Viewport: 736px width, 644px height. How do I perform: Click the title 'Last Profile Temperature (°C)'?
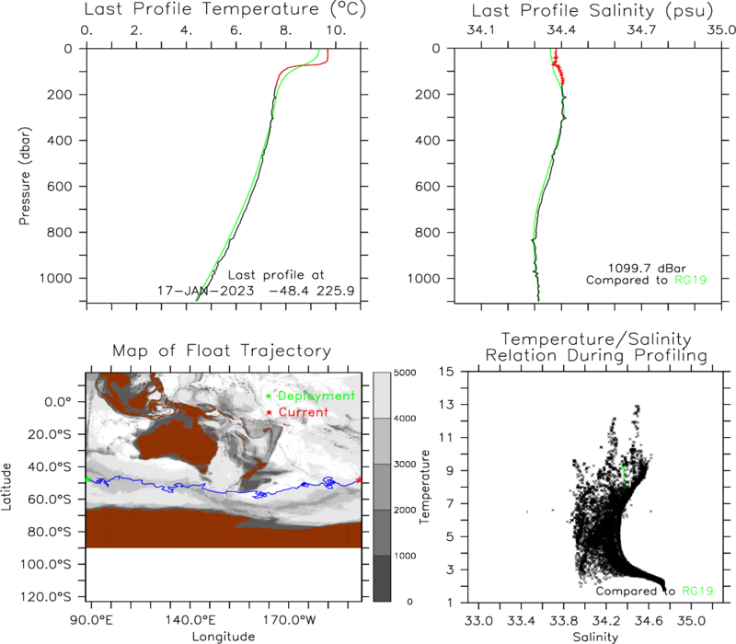pos(224,9)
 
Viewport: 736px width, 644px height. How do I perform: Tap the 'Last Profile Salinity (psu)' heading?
pos(592,11)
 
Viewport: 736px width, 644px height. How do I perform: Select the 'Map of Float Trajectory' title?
pos(222,351)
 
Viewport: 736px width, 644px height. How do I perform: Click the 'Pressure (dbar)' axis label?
pos(25,176)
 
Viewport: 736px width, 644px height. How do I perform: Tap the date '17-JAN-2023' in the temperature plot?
pos(205,291)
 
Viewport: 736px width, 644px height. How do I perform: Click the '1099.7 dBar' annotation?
pos(647,268)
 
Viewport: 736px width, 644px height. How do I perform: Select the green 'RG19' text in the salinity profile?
pos(691,281)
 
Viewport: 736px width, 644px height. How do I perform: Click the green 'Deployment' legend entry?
pos(316,396)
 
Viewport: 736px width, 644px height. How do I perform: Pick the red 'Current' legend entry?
pos(304,412)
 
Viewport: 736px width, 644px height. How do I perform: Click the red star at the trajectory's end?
pos(359,479)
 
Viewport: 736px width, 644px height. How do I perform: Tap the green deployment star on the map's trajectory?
pos(87,479)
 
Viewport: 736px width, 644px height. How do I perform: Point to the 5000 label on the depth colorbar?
pos(405,373)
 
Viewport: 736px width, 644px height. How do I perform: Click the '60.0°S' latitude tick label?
pos(50,499)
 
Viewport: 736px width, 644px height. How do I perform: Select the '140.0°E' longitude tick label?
pos(190,620)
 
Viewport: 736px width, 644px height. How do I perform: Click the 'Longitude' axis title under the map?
pos(224,637)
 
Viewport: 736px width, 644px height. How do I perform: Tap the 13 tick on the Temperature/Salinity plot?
pos(449,405)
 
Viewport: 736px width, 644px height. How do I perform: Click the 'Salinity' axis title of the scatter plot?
pos(595,637)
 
